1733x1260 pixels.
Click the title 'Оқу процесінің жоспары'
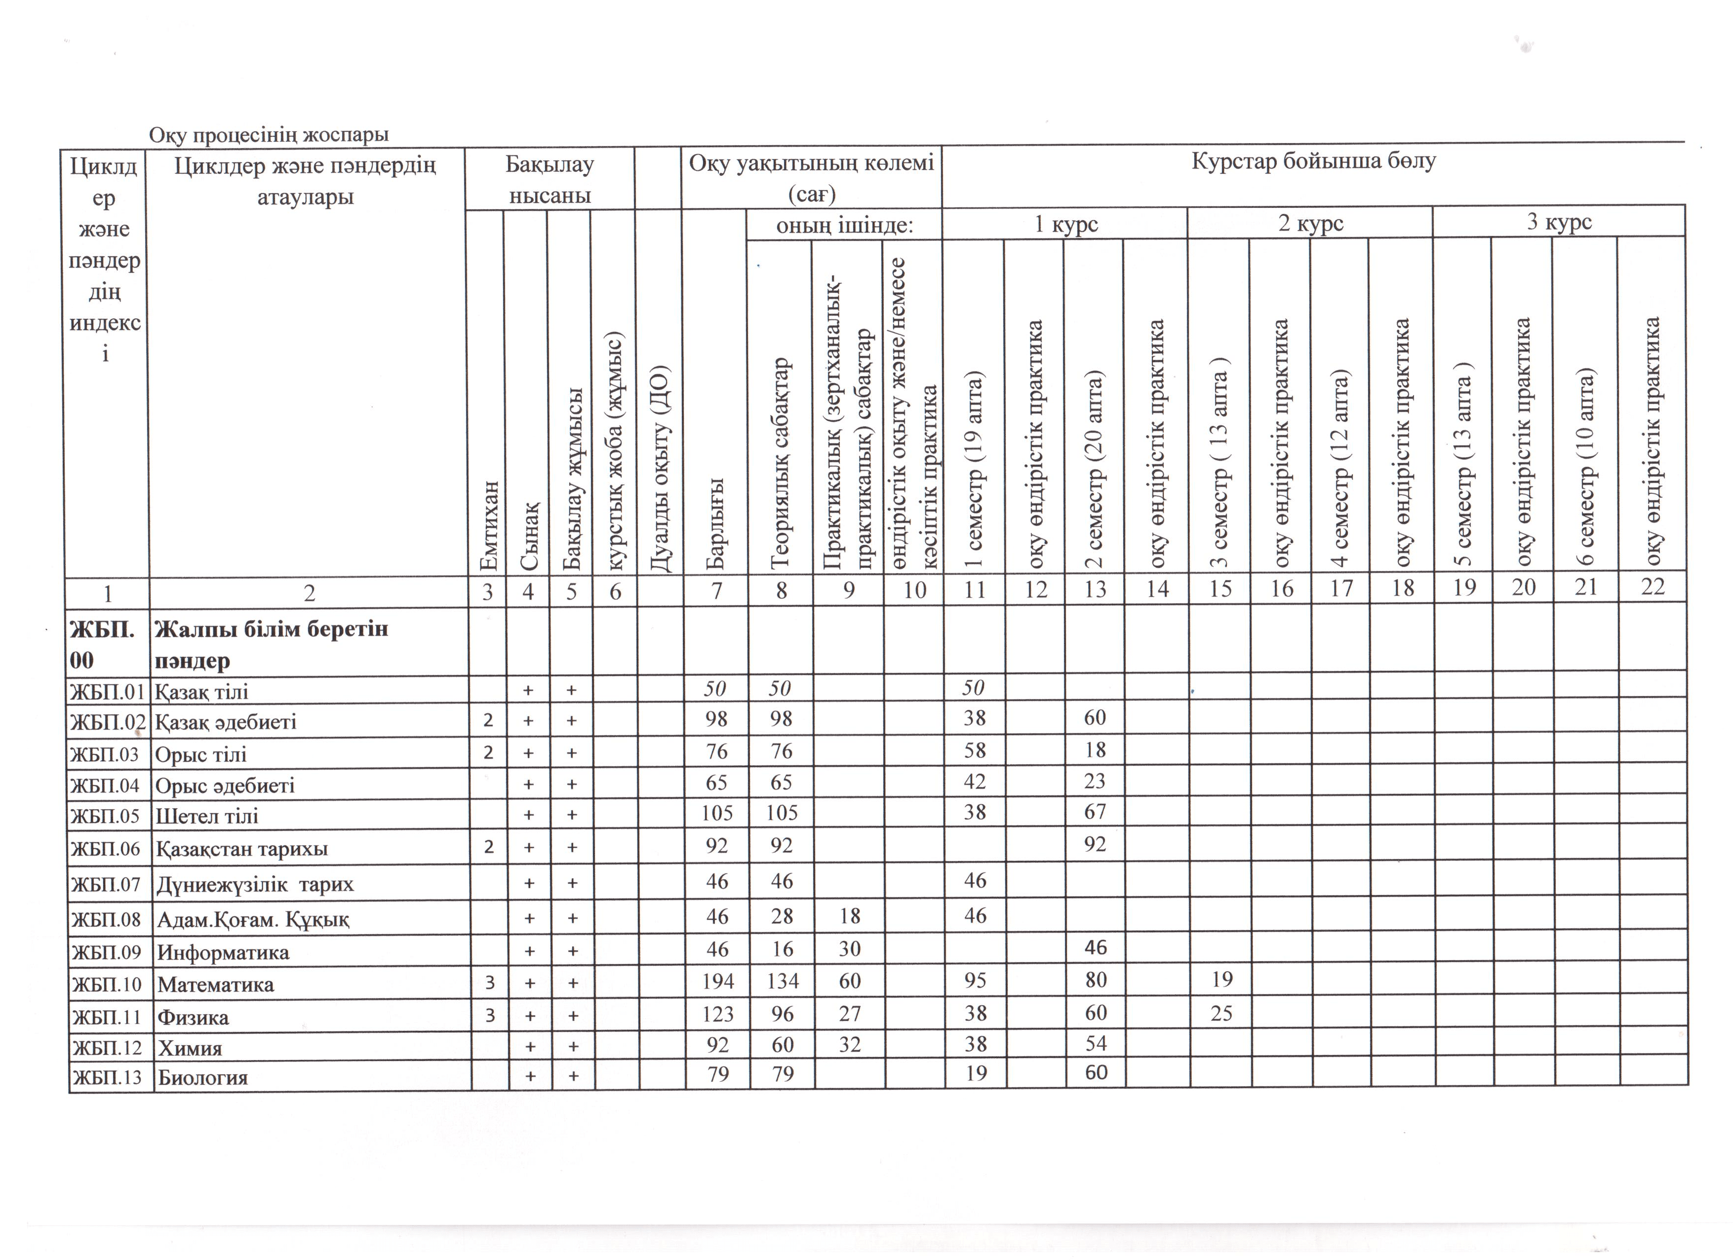(x=269, y=135)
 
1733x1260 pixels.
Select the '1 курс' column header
(x=1065, y=224)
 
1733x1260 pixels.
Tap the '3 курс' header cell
(x=1559, y=222)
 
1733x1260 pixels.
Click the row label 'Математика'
(x=215, y=984)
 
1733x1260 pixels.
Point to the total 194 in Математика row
(x=717, y=981)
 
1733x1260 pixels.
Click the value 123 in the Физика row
(x=717, y=1014)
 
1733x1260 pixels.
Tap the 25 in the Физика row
(x=1221, y=1013)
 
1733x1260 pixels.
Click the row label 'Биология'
(x=202, y=1077)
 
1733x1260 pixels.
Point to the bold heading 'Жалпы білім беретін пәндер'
(x=271, y=644)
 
